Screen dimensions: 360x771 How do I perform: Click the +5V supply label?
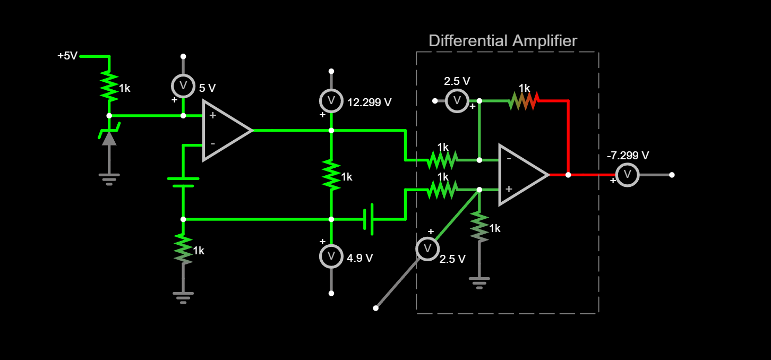(67, 56)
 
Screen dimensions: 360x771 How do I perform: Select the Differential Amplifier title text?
(502, 41)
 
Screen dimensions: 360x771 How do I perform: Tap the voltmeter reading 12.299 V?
(331, 100)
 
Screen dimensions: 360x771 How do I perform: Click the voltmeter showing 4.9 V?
(331, 256)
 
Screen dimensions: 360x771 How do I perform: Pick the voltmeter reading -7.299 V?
(627, 175)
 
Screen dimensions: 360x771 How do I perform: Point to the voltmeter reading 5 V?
(183, 85)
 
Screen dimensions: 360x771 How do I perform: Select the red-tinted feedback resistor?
(524, 100)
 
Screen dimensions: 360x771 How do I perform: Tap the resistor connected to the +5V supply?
(109, 86)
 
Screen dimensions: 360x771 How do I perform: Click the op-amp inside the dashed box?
(522, 175)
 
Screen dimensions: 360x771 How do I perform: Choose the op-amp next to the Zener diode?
(226, 130)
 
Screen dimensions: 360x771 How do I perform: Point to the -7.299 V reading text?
(628, 156)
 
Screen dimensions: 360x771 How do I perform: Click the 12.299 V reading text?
(369, 102)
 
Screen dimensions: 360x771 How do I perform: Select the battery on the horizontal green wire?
(368, 219)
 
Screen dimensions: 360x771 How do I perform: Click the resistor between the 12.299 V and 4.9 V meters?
(331, 175)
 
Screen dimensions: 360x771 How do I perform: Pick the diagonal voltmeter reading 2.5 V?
(427, 248)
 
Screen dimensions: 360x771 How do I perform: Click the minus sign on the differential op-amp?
(508, 158)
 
